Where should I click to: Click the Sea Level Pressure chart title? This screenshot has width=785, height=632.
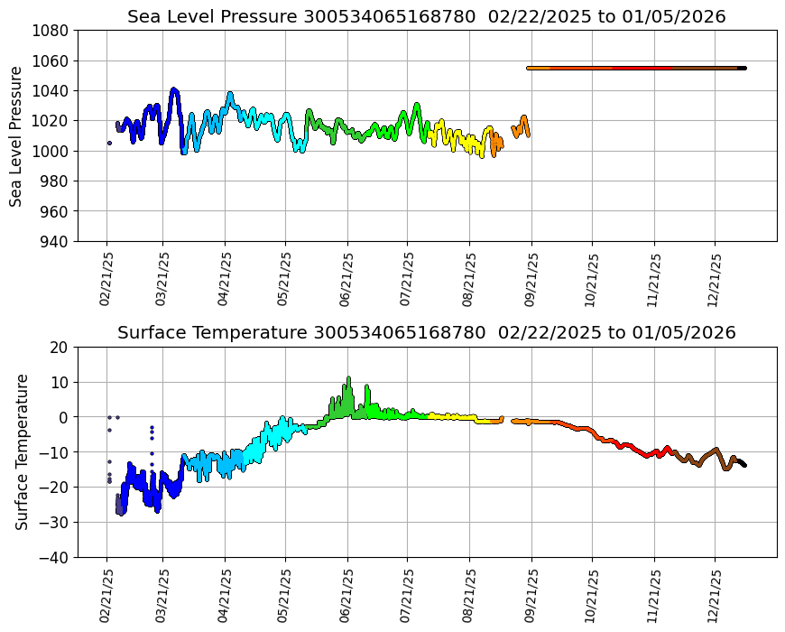point(426,16)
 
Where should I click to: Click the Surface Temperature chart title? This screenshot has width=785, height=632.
point(426,332)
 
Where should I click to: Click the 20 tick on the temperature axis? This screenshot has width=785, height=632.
point(60,347)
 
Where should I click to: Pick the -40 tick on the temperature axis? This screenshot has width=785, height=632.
point(56,557)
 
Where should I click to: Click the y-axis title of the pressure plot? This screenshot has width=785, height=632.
point(16,135)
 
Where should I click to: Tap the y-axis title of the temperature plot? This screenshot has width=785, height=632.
point(22,451)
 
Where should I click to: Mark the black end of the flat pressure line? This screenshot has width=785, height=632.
point(742,68)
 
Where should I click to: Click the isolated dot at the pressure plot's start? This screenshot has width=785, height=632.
point(109,143)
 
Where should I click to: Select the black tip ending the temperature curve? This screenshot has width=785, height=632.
point(743,463)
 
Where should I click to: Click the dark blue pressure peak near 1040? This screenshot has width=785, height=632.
point(174,90)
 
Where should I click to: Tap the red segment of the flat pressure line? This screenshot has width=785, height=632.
point(642,68)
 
